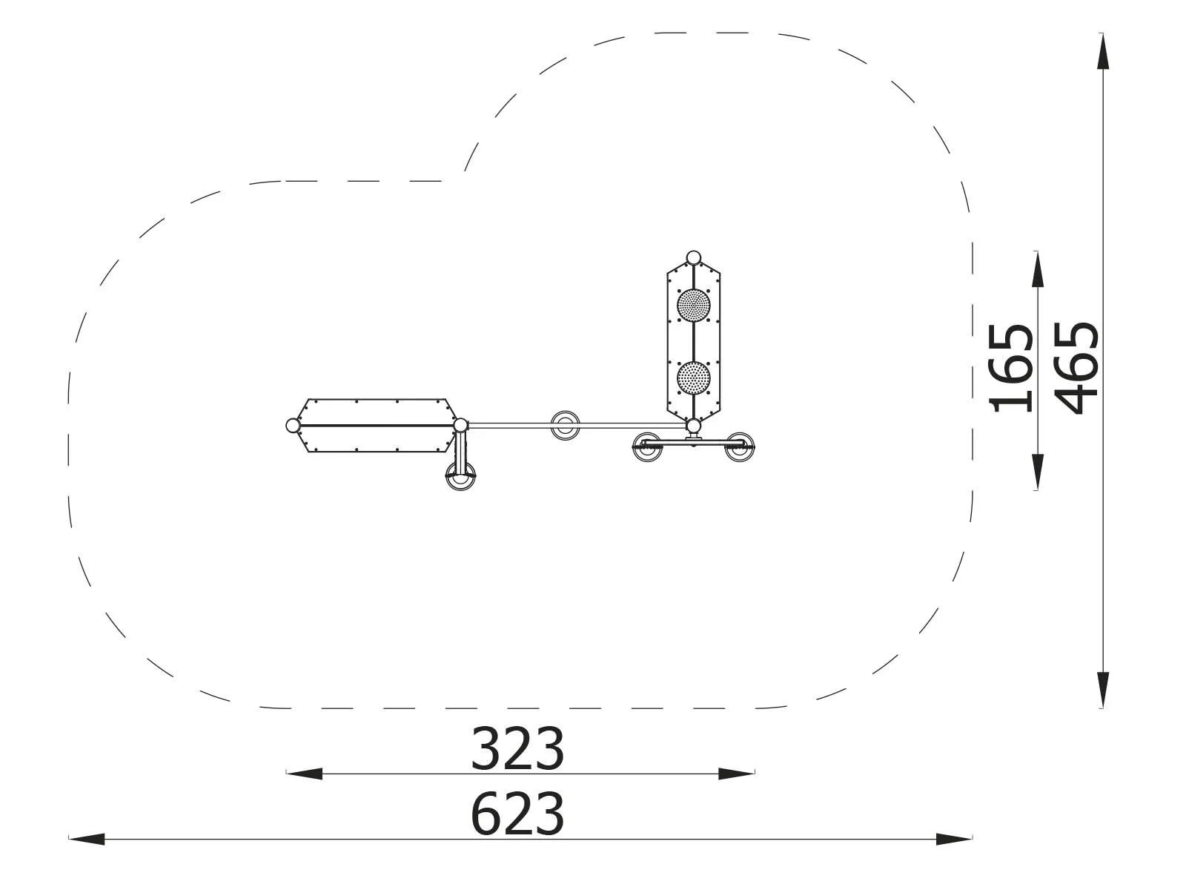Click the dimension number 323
click(x=517, y=750)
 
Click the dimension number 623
click(x=517, y=814)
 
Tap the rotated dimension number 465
click(x=1076, y=369)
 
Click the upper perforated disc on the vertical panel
click(x=694, y=306)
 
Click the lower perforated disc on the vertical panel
click(x=694, y=378)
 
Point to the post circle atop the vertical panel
click(x=694, y=258)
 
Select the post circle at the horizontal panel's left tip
click(x=293, y=426)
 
